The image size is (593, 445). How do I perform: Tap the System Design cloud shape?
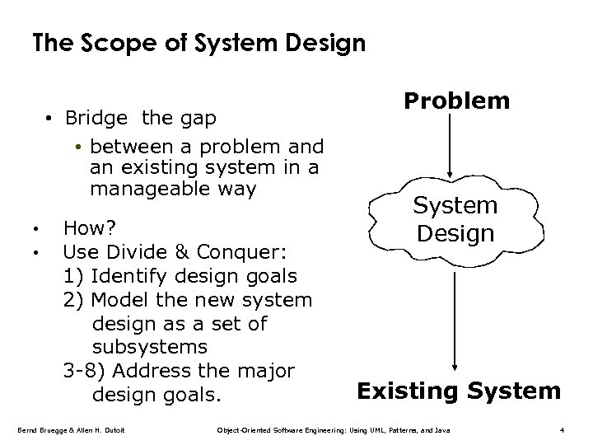(x=455, y=218)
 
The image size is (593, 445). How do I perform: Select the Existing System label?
(x=458, y=390)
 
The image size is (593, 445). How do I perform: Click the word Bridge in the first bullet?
(x=97, y=118)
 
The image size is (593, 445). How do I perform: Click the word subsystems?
(x=150, y=347)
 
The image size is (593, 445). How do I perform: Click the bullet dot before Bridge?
(x=50, y=119)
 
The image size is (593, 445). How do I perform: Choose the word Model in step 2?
(x=116, y=299)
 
